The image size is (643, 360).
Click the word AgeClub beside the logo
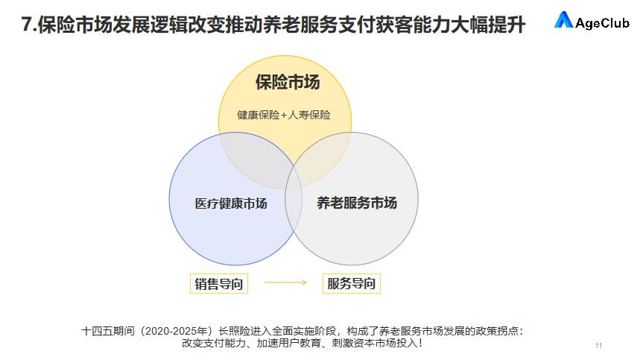(602, 22)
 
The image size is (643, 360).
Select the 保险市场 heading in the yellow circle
(287, 82)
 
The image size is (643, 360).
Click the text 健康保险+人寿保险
(284, 116)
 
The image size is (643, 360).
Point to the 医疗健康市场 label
(231, 203)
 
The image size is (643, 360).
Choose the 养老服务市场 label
(356, 203)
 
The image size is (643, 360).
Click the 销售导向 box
(218, 283)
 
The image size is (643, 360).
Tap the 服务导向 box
(352, 283)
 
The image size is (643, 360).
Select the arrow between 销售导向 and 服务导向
(285, 283)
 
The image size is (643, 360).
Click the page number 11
(599, 346)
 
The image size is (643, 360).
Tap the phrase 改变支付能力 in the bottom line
(212, 344)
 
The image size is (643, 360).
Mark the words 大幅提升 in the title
(492, 25)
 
